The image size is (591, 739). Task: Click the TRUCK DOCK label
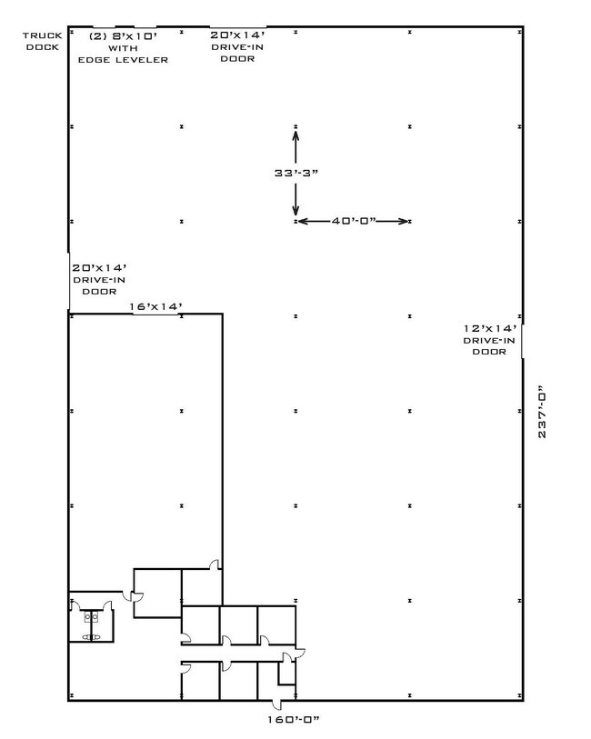(43, 41)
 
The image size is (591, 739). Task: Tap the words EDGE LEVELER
(123, 60)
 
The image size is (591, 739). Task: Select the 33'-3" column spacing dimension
(296, 173)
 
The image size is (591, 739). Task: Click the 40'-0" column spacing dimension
(354, 221)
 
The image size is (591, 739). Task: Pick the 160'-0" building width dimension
(294, 720)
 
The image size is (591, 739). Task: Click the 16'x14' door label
(156, 307)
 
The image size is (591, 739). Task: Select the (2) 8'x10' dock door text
(123, 36)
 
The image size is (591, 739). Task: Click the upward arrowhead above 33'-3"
(295, 135)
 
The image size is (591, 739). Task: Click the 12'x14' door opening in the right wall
(522, 341)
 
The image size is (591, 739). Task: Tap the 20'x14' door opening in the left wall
(69, 282)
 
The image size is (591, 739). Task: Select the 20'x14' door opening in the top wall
(238, 27)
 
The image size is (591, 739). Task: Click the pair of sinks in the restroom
(92, 637)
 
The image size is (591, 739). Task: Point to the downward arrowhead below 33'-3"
(295, 210)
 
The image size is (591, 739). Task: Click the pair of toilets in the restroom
(92, 616)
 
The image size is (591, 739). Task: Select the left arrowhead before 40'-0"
(303, 221)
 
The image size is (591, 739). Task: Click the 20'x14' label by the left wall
(99, 268)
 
